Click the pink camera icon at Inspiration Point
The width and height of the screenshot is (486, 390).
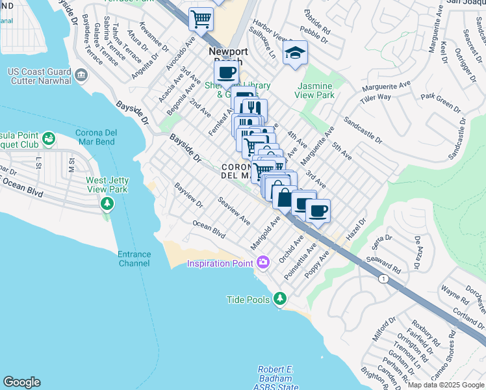[263, 263]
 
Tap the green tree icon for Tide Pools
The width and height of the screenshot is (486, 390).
[280, 298]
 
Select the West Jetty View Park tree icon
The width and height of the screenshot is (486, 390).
[107, 204]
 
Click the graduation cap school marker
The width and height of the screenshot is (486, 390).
[295, 53]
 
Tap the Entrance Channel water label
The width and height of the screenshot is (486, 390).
[134, 259]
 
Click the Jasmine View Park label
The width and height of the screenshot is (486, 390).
[315, 90]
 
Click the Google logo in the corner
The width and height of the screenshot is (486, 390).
[21, 382]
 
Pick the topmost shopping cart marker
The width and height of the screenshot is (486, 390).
[201, 19]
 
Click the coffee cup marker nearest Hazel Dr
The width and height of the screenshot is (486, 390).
[318, 211]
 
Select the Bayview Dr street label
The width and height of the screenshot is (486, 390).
[188, 195]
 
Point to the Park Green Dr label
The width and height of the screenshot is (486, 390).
[440, 101]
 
